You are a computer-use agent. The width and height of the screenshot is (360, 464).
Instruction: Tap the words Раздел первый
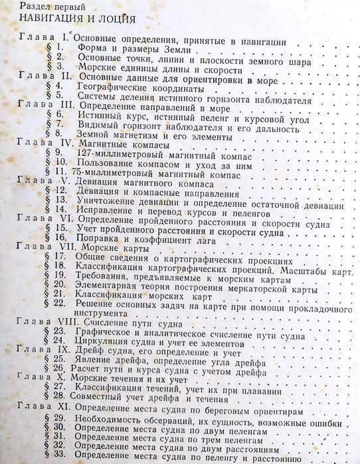click(x=40, y=7)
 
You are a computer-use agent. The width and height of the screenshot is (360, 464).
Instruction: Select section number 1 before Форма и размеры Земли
click(x=60, y=48)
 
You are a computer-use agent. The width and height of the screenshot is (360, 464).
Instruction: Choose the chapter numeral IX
click(x=62, y=348)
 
